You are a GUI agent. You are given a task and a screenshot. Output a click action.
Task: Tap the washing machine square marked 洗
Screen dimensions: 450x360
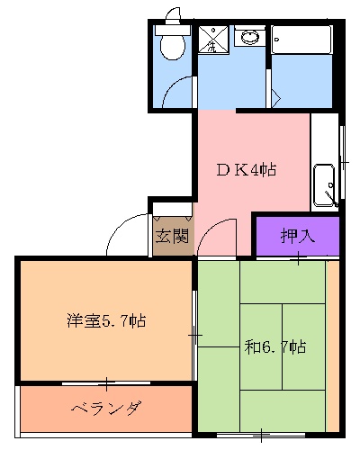(x=212, y=39)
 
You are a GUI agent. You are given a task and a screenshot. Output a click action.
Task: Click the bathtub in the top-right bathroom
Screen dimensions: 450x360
(x=304, y=40)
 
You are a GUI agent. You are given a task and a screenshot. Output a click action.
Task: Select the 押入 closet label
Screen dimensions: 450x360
(x=295, y=237)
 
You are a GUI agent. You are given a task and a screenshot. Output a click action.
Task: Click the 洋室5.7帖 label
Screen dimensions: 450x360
(x=106, y=320)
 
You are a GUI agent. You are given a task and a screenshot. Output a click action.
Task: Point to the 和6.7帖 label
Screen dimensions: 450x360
(x=276, y=346)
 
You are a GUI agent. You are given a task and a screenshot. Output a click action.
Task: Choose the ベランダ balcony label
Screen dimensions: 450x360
(x=105, y=409)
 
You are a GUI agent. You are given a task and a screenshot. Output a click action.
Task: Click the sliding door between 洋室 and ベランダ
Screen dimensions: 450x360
(x=106, y=382)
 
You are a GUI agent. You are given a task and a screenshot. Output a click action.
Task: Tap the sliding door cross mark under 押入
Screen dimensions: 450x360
(x=298, y=261)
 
